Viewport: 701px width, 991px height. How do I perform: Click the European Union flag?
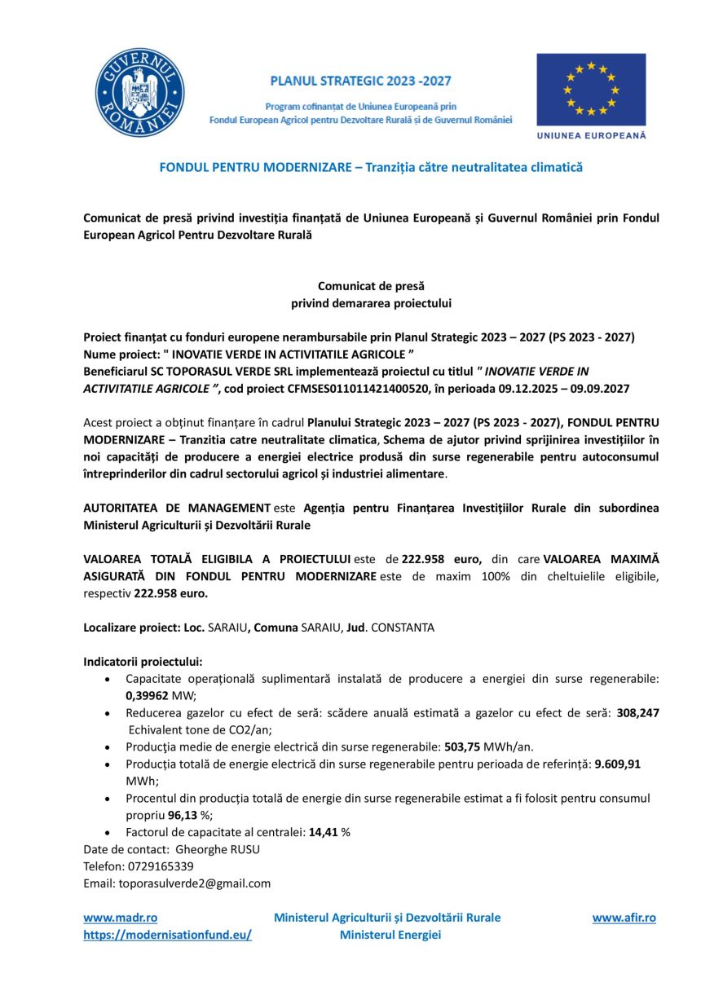(591, 90)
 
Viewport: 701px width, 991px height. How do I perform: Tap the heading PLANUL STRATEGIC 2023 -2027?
(360, 81)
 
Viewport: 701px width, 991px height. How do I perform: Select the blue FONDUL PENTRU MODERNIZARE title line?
(371, 167)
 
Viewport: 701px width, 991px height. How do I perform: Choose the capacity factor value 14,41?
(324, 832)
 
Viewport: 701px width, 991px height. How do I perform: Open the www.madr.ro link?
(120, 918)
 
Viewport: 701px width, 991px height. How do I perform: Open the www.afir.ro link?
(624, 918)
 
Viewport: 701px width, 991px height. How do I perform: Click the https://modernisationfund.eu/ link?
(167, 935)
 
